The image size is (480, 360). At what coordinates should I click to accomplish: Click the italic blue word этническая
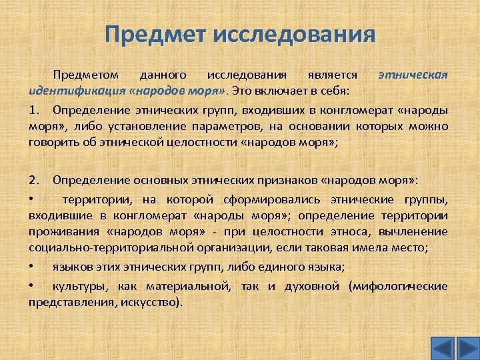(413, 75)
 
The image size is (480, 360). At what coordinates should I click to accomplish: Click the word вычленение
(413, 231)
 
